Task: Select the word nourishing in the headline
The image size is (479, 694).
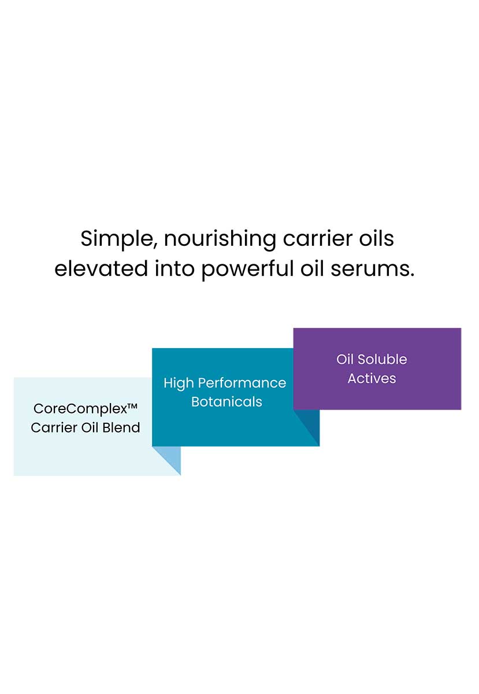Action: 220,239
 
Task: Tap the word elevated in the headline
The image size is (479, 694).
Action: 101,268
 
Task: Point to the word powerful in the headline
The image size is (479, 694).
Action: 247,269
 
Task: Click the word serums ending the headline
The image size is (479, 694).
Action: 372,269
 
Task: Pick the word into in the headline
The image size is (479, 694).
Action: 174,268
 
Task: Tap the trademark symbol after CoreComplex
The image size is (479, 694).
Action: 132,405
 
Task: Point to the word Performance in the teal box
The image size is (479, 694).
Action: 242,383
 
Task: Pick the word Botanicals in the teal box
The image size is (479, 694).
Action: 226,402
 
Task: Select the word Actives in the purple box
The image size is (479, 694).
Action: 372,379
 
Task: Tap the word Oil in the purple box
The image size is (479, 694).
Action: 345,359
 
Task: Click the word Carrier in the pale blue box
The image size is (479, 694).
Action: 54,428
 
